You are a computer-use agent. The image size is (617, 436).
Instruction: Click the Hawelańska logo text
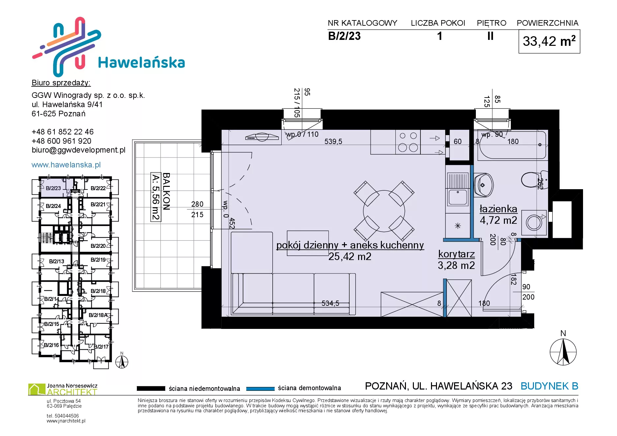click(x=141, y=63)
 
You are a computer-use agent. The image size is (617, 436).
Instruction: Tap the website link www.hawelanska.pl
click(x=66, y=165)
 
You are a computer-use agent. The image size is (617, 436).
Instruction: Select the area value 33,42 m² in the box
click(x=549, y=41)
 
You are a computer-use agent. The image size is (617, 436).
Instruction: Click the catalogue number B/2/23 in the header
click(x=344, y=36)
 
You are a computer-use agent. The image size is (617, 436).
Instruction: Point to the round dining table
click(x=384, y=211)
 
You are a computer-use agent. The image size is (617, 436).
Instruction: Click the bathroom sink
click(x=484, y=185)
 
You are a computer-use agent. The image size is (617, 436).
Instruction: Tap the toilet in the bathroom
click(x=534, y=180)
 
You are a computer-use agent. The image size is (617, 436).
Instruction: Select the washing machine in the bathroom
click(x=534, y=222)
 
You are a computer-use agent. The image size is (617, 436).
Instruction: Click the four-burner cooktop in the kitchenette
click(x=408, y=142)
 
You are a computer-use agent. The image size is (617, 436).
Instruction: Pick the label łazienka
click(x=498, y=209)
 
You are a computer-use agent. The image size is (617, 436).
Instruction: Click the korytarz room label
click(x=456, y=254)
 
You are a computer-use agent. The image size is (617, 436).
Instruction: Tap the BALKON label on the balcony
click(x=167, y=191)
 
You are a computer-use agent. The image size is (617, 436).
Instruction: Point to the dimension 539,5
click(x=333, y=142)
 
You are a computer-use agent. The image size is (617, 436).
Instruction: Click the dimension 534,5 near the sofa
click(x=330, y=303)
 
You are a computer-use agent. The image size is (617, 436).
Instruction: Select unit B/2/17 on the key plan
click(x=101, y=347)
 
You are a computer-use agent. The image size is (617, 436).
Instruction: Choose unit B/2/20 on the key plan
click(x=98, y=246)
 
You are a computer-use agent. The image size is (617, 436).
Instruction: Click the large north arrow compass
click(x=563, y=352)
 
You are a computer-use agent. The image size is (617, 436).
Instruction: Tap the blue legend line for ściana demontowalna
click(x=261, y=389)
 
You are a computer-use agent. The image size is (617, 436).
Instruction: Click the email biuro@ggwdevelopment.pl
click(x=78, y=150)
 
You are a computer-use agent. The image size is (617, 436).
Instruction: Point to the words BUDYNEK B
click(x=549, y=386)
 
